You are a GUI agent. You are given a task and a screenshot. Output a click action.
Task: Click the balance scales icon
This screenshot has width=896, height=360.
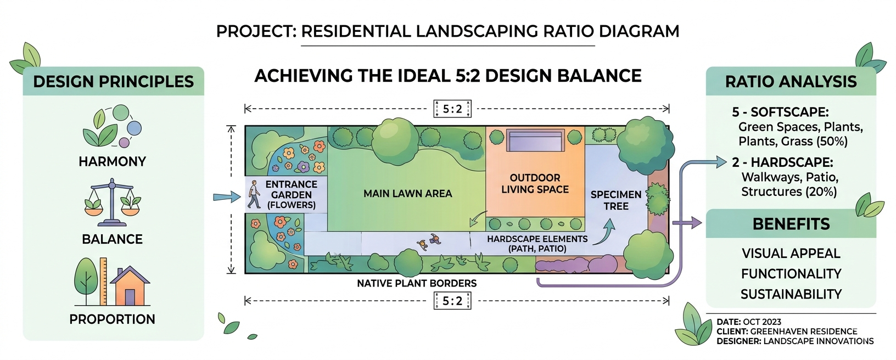[112, 203]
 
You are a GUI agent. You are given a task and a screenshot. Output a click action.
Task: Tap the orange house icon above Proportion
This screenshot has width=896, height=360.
[130, 286]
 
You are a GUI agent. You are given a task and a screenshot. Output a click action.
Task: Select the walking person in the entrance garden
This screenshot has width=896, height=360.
[254, 194]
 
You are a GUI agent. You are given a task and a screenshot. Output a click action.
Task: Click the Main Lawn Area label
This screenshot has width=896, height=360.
[407, 194]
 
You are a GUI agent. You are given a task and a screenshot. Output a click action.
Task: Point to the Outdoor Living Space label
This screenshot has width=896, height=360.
[535, 183]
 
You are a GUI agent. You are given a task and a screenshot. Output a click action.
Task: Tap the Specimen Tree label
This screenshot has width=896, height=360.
[615, 200]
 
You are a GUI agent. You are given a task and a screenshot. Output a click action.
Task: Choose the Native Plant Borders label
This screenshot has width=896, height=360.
[417, 283]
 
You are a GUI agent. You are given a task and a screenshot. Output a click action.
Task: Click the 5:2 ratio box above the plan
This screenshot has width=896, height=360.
[452, 109]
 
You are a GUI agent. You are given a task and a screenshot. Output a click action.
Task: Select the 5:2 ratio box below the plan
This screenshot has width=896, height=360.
[452, 301]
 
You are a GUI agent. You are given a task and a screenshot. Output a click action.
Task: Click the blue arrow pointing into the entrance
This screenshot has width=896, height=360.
[226, 197]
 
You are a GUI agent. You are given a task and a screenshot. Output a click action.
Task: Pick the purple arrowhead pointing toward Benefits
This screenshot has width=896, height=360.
[696, 223]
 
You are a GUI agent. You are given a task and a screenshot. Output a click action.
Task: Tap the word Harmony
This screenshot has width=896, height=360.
[112, 161]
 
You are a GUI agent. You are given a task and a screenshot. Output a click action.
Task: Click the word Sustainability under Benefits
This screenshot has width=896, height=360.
[791, 294]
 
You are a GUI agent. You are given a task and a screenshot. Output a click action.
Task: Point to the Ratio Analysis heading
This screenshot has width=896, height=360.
[791, 82]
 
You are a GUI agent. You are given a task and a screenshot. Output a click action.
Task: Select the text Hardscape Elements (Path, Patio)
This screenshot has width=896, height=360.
[537, 244]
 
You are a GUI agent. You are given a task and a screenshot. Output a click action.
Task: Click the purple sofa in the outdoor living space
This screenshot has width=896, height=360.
[535, 140]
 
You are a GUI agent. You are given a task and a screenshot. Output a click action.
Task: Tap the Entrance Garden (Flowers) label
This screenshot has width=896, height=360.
[291, 195]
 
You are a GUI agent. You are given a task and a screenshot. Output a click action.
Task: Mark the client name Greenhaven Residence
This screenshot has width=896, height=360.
[803, 331]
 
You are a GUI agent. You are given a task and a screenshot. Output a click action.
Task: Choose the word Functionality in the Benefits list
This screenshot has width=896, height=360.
[791, 274]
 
